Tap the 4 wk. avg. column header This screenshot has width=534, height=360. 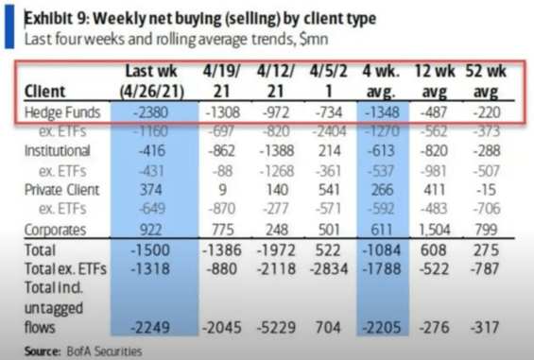point(384,80)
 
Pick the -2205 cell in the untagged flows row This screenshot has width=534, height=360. point(384,327)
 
